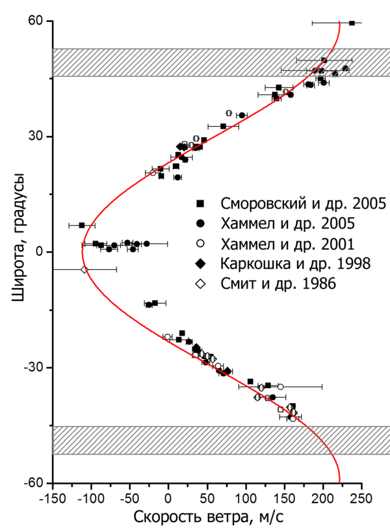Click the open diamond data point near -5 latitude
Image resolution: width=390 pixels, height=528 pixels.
point(84,269)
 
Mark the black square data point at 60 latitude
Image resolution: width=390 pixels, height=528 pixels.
point(352,23)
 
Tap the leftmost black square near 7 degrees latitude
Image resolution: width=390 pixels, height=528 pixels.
point(82,225)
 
